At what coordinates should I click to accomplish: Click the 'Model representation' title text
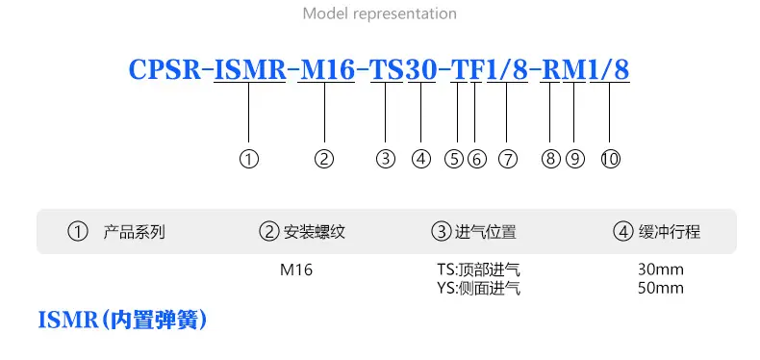379,13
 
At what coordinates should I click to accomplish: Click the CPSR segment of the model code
165,70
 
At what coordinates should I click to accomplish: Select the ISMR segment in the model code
250,70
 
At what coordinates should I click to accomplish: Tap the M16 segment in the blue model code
327,70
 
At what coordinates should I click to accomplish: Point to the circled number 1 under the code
249,159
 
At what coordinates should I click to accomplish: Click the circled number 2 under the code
324,159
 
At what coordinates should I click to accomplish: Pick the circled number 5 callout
455,159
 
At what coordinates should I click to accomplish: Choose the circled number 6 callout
477,159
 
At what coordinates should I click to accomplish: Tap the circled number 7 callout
508,159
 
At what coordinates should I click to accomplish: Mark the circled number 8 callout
550,159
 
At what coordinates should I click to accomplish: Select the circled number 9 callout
575,159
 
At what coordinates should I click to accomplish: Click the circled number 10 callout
611,159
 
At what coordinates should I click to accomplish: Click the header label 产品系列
135,232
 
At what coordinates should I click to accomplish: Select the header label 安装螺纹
314,232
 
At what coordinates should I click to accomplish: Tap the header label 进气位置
486,232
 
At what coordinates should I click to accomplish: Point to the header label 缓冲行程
670,232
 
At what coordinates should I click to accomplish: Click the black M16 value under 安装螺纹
296,270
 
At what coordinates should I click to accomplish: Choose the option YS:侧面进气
478,289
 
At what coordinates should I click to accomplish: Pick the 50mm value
661,288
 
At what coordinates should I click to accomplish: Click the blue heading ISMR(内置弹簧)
122,321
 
